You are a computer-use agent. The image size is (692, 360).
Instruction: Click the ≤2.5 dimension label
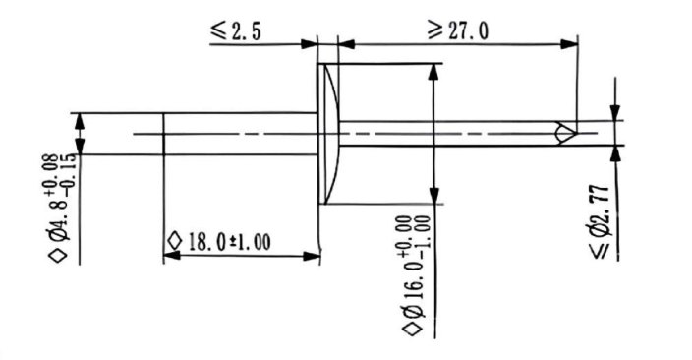[236, 30]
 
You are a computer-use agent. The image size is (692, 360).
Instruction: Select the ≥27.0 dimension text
[458, 30]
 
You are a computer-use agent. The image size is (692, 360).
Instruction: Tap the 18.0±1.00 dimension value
[229, 242]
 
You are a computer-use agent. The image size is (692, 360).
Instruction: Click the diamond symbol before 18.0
[175, 241]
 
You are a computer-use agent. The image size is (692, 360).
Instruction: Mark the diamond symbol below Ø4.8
[59, 256]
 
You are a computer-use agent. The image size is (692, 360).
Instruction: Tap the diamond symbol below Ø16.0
[413, 329]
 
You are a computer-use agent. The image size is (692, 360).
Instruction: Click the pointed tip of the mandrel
[576, 133]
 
